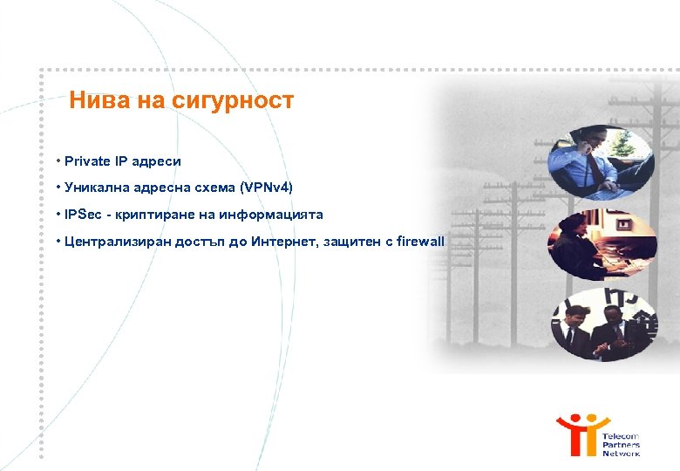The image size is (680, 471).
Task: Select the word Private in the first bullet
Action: point(87,161)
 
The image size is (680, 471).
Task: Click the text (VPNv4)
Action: point(266,188)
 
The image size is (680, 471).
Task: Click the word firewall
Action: point(420,241)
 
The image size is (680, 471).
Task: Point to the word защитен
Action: point(350,241)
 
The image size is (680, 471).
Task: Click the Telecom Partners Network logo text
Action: point(621,444)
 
